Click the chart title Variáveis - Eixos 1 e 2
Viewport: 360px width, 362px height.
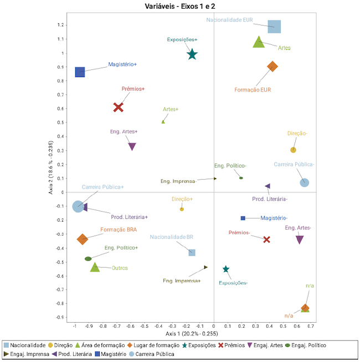180,6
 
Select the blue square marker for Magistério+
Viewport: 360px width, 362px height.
80,72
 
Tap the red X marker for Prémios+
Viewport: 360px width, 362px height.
118,107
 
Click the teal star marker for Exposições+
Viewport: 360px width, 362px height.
192,54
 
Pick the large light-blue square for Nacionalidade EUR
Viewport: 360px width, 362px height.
274,27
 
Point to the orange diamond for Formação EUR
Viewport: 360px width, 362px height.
272,67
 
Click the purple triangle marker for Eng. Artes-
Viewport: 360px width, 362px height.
300,239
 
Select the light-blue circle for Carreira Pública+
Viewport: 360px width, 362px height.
78,206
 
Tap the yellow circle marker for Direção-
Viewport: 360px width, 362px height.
293,150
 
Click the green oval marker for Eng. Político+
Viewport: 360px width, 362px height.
88,259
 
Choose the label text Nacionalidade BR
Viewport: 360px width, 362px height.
172,237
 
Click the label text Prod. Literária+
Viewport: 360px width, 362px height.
129,217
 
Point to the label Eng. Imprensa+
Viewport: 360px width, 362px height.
181,281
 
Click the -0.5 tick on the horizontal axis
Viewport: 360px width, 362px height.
145,326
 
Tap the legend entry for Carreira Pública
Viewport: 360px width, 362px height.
152,354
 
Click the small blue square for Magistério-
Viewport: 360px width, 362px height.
243,218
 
